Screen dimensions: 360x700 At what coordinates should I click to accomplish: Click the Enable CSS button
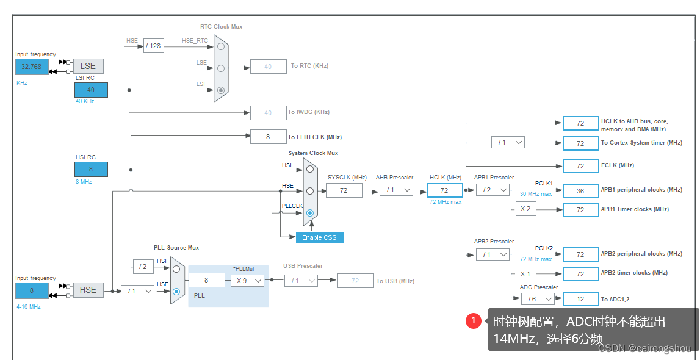(x=319, y=237)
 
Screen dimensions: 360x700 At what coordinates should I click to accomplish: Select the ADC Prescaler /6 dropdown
(x=537, y=299)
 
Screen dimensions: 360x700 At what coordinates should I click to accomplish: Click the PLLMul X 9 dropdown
(x=247, y=280)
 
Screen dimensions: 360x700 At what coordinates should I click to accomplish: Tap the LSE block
(x=88, y=66)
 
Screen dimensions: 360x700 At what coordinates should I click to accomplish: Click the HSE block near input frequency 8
(x=88, y=290)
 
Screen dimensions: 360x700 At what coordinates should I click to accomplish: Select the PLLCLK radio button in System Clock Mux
(x=310, y=213)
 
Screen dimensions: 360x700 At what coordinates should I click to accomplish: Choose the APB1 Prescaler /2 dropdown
(x=492, y=190)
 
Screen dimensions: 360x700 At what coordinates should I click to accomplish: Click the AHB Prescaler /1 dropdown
(x=395, y=190)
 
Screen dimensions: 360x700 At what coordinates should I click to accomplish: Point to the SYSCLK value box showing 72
(x=344, y=190)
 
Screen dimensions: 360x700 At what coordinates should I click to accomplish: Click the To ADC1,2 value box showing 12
(x=580, y=299)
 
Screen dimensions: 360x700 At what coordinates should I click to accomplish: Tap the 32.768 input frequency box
(x=32, y=67)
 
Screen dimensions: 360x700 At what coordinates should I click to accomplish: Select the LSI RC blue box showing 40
(x=91, y=90)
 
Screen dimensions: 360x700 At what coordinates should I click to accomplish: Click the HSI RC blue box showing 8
(x=91, y=169)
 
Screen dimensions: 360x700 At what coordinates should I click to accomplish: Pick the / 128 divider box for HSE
(x=154, y=46)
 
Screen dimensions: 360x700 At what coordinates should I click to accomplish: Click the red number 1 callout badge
(x=474, y=321)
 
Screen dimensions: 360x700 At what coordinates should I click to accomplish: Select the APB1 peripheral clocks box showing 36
(x=580, y=190)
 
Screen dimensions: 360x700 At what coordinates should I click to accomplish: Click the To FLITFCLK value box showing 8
(x=268, y=137)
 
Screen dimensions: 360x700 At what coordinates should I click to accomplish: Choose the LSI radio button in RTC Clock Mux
(x=221, y=90)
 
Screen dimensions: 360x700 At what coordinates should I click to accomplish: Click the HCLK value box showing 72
(x=444, y=190)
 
